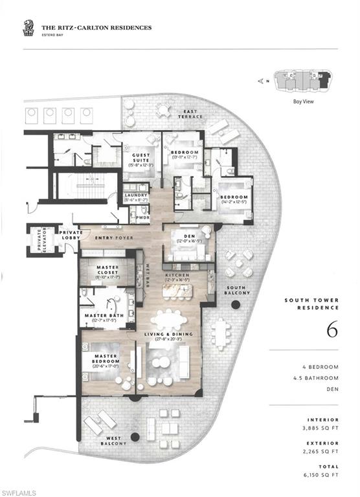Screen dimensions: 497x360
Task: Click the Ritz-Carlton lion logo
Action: pyautogui.click(x=29, y=28)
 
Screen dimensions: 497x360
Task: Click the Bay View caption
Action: pyautogui.click(x=304, y=102)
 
